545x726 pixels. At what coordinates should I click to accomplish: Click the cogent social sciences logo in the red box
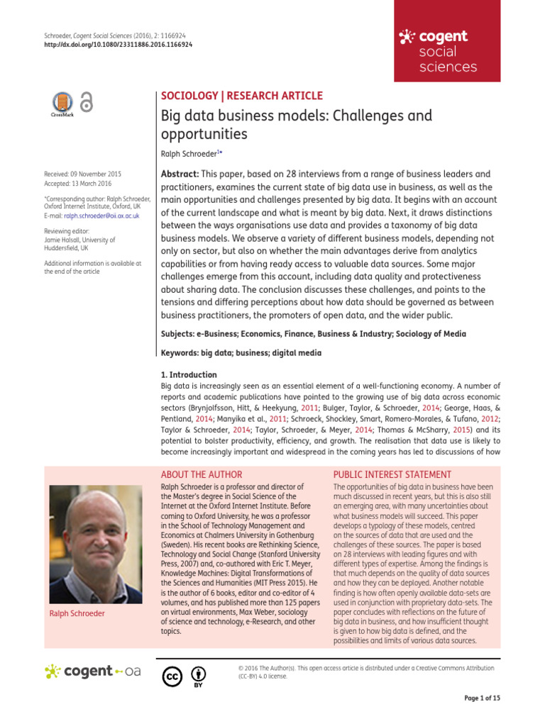[438, 52]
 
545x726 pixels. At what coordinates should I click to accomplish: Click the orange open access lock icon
[87, 104]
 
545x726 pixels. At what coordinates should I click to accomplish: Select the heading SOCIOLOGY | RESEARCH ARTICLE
[242, 96]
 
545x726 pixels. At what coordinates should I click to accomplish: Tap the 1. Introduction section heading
[189, 374]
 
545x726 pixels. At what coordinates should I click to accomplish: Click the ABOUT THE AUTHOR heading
[202, 474]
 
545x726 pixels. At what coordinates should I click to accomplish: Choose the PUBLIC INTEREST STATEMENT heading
[392, 474]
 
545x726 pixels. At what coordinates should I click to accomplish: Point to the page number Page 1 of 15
[482, 698]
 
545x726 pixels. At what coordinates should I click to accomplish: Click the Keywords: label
[182, 352]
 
